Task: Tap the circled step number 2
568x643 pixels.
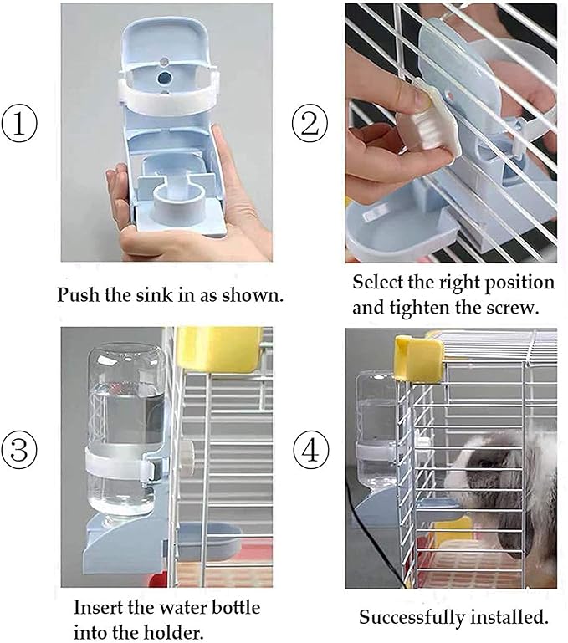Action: click(x=310, y=125)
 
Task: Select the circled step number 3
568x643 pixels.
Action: click(x=19, y=451)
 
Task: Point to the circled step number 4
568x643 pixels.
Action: click(x=310, y=452)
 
